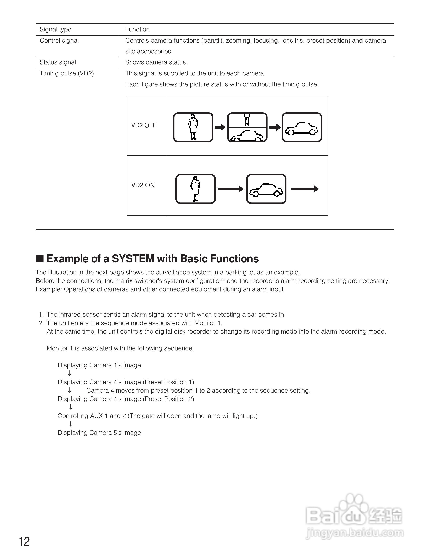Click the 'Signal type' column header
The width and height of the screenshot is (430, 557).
[x=56, y=29]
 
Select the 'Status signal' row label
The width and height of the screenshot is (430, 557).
[x=58, y=62]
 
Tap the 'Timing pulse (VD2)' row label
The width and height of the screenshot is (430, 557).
[x=67, y=73]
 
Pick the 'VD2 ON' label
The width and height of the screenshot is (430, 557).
[x=143, y=185]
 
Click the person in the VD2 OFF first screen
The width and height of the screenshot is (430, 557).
[x=193, y=127]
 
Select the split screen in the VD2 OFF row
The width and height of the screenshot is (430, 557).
[x=247, y=127]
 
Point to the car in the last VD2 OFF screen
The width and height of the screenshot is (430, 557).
[x=302, y=128]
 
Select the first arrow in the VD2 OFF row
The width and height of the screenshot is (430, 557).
[x=220, y=127]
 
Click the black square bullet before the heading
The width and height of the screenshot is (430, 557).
[x=40, y=259]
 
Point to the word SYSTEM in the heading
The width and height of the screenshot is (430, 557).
[x=133, y=259]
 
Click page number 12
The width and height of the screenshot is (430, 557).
[x=24, y=542]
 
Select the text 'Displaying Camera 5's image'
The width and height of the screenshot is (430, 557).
[x=99, y=433]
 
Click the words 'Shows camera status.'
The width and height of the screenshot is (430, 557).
[x=156, y=62]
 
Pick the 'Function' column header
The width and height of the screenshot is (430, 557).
[x=137, y=29]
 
